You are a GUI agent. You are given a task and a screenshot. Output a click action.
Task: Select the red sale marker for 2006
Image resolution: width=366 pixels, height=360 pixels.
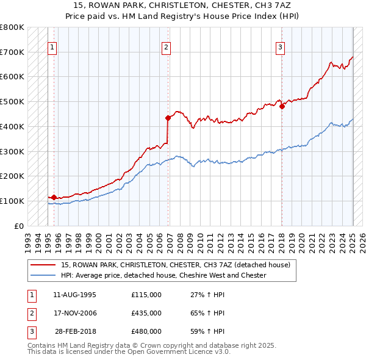[x=168, y=117]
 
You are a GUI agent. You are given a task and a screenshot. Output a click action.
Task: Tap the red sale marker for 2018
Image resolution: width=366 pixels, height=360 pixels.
[x=282, y=106]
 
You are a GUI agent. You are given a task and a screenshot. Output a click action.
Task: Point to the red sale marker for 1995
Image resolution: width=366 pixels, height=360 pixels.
[x=54, y=197]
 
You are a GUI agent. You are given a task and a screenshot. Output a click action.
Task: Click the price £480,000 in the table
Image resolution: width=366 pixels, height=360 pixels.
[x=146, y=331]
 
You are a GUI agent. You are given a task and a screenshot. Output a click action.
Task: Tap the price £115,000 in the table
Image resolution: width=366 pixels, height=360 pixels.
[x=146, y=295]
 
